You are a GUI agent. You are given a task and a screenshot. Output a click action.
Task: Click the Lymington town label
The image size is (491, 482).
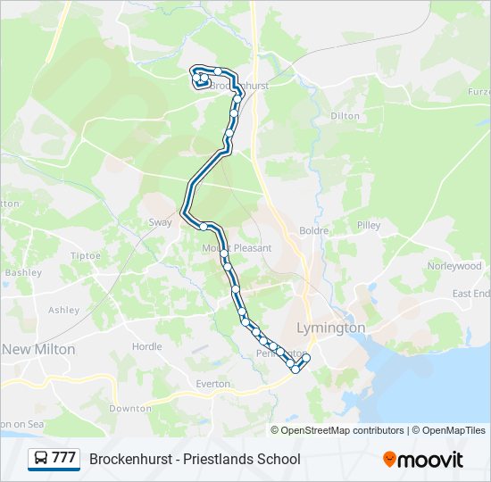[331, 328]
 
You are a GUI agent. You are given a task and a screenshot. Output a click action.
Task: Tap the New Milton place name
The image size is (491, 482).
[38, 348]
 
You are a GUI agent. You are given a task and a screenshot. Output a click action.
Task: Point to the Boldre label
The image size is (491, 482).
[314, 230]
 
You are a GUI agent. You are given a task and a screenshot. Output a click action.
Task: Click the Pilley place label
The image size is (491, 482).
[369, 226]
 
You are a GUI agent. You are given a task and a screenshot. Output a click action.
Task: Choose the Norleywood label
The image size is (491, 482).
[454, 266]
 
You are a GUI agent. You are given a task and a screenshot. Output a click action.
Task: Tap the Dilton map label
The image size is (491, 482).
[345, 116]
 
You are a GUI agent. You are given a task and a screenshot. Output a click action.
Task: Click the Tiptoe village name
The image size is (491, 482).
[86, 255]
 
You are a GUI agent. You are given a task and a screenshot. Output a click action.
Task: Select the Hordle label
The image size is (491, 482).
[147, 346]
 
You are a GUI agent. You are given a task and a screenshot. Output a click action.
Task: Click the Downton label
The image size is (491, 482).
[130, 408]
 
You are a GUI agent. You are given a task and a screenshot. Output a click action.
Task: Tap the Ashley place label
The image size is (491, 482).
[64, 311]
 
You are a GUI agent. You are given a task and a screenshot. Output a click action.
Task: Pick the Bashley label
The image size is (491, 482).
[23, 272]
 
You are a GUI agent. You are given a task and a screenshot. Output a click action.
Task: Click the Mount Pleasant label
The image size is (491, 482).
[237, 248]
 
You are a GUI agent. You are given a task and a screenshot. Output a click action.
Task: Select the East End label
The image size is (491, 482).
[470, 293]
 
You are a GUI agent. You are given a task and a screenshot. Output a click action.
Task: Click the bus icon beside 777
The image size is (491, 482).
[41, 459]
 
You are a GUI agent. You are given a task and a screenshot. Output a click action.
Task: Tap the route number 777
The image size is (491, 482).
[63, 459]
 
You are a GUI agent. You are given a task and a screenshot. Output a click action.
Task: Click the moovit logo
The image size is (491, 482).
[423, 460]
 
